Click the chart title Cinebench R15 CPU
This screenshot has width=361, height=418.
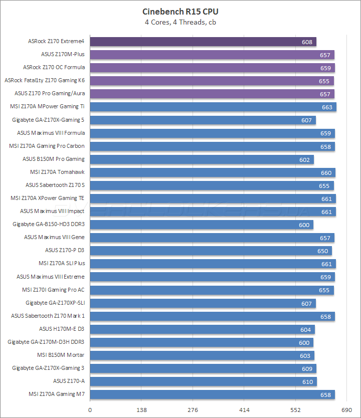pyautogui.click(x=180, y=12)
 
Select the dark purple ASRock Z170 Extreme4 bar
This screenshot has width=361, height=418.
pyautogui.click(x=203, y=42)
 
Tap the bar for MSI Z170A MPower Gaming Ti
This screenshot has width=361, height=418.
pyautogui.click(x=213, y=107)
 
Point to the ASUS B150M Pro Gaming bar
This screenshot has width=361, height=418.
pyautogui.click(x=202, y=159)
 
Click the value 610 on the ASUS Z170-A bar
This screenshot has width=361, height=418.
pyautogui.click(x=308, y=382)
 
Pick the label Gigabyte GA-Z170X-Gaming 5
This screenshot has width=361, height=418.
pyautogui.click(x=48, y=120)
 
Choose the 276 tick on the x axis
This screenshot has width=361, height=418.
pyautogui.click(x=193, y=409)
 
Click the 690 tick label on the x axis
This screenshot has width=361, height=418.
pyautogui.click(x=346, y=409)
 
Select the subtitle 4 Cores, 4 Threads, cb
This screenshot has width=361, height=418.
pyautogui.click(x=180, y=22)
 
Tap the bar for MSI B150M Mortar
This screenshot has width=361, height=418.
pyautogui.click(x=202, y=355)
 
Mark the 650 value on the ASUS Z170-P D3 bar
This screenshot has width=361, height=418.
pyautogui.click(x=322, y=251)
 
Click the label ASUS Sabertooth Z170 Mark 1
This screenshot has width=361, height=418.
pyautogui.click(x=48, y=316)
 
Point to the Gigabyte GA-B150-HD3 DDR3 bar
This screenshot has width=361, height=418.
pyautogui.click(x=202, y=225)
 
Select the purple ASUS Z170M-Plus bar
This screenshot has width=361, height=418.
pyautogui.click(x=212, y=55)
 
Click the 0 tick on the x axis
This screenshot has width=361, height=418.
pyautogui.click(x=90, y=409)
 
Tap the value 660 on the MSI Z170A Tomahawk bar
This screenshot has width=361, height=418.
pyautogui.click(x=326, y=172)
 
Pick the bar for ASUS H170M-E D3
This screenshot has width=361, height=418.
pyautogui.click(x=202, y=329)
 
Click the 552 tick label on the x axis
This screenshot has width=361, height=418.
pyautogui.click(x=295, y=409)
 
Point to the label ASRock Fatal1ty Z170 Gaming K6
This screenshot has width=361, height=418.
pyautogui.click(x=45, y=80)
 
